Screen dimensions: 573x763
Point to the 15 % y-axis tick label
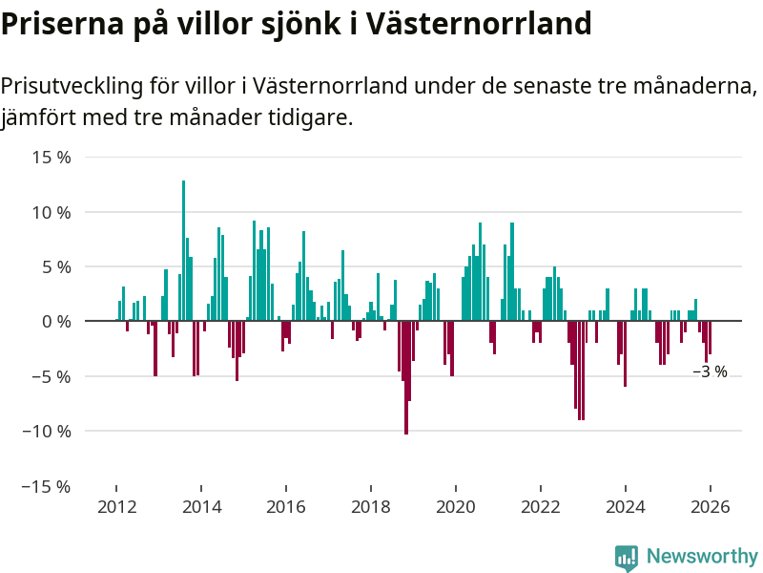pyautogui.click(x=52, y=157)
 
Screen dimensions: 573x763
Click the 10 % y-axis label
pyautogui.click(x=52, y=212)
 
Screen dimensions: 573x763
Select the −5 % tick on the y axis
pyautogui.click(x=49, y=376)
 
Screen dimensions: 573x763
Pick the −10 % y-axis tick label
pyautogui.click(x=45, y=431)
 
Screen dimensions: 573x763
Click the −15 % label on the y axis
pyautogui.click(x=45, y=486)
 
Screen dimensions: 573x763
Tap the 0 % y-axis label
pyautogui.click(x=56, y=322)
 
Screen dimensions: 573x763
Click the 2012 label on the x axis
pyautogui.click(x=115, y=507)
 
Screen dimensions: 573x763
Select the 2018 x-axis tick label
pyautogui.click(x=370, y=507)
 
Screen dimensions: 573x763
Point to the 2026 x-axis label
pyautogui.click(x=710, y=507)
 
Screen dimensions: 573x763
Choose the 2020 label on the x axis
pyautogui.click(x=455, y=507)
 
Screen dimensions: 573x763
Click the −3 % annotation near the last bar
pyautogui.click(x=710, y=372)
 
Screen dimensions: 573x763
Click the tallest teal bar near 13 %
pyautogui.click(x=183, y=250)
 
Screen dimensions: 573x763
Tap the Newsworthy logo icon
pyautogui.click(x=627, y=558)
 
